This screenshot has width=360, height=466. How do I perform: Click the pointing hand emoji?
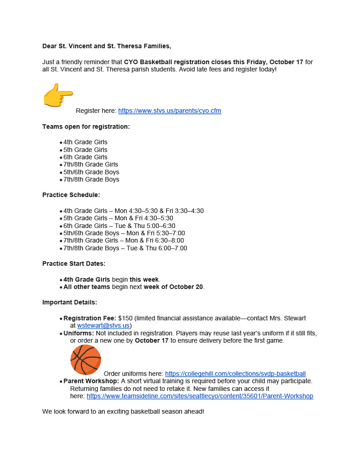pyautogui.click(x=58, y=95)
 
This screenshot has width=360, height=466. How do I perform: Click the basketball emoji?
pyautogui.click(x=86, y=360)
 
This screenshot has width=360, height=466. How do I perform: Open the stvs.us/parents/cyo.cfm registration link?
pyautogui.click(x=169, y=111)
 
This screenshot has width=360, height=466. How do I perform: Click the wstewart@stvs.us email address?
pyautogui.click(x=103, y=325)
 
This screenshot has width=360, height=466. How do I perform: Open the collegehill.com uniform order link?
pyautogui.click(x=235, y=374)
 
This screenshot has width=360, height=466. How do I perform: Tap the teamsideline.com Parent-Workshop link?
pyautogui.click(x=200, y=396)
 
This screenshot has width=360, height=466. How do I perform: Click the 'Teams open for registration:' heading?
pyautogui.click(x=86, y=127)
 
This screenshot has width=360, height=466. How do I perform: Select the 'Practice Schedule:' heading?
pyautogui.click(x=71, y=195)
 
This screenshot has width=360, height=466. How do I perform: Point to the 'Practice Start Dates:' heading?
pyautogui.click(x=74, y=263)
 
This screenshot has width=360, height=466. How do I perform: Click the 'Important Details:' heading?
pyautogui.click(x=70, y=302)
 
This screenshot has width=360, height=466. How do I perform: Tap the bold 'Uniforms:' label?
pyautogui.click(x=79, y=333)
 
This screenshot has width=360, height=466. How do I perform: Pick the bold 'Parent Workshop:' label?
pyautogui.click(x=91, y=381)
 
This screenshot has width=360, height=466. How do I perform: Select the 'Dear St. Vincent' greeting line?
pyautogui.click(x=107, y=46)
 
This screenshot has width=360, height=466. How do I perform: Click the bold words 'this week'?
pyautogui.click(x=144, y=279)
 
